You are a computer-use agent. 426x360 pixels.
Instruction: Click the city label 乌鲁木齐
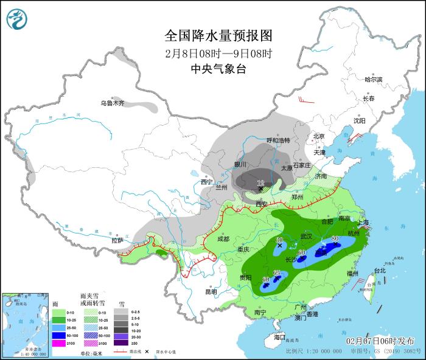pyautogui.click(x=113, y=103)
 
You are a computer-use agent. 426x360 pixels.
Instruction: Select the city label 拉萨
pyautogui.click(x=117, y=240)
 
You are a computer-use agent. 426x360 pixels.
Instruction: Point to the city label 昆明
pyautogui.click(x=211, y=291)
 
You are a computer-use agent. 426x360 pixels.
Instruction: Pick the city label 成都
pyautogui.click(x=223, y=239)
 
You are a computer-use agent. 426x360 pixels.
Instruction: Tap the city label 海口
pyautogui.click(x=279, y=337)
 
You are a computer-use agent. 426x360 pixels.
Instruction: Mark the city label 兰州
pyautogui.click(x=221, y=188)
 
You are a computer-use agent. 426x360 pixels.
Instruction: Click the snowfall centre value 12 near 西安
pyautogui.click(x=260, y=183)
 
